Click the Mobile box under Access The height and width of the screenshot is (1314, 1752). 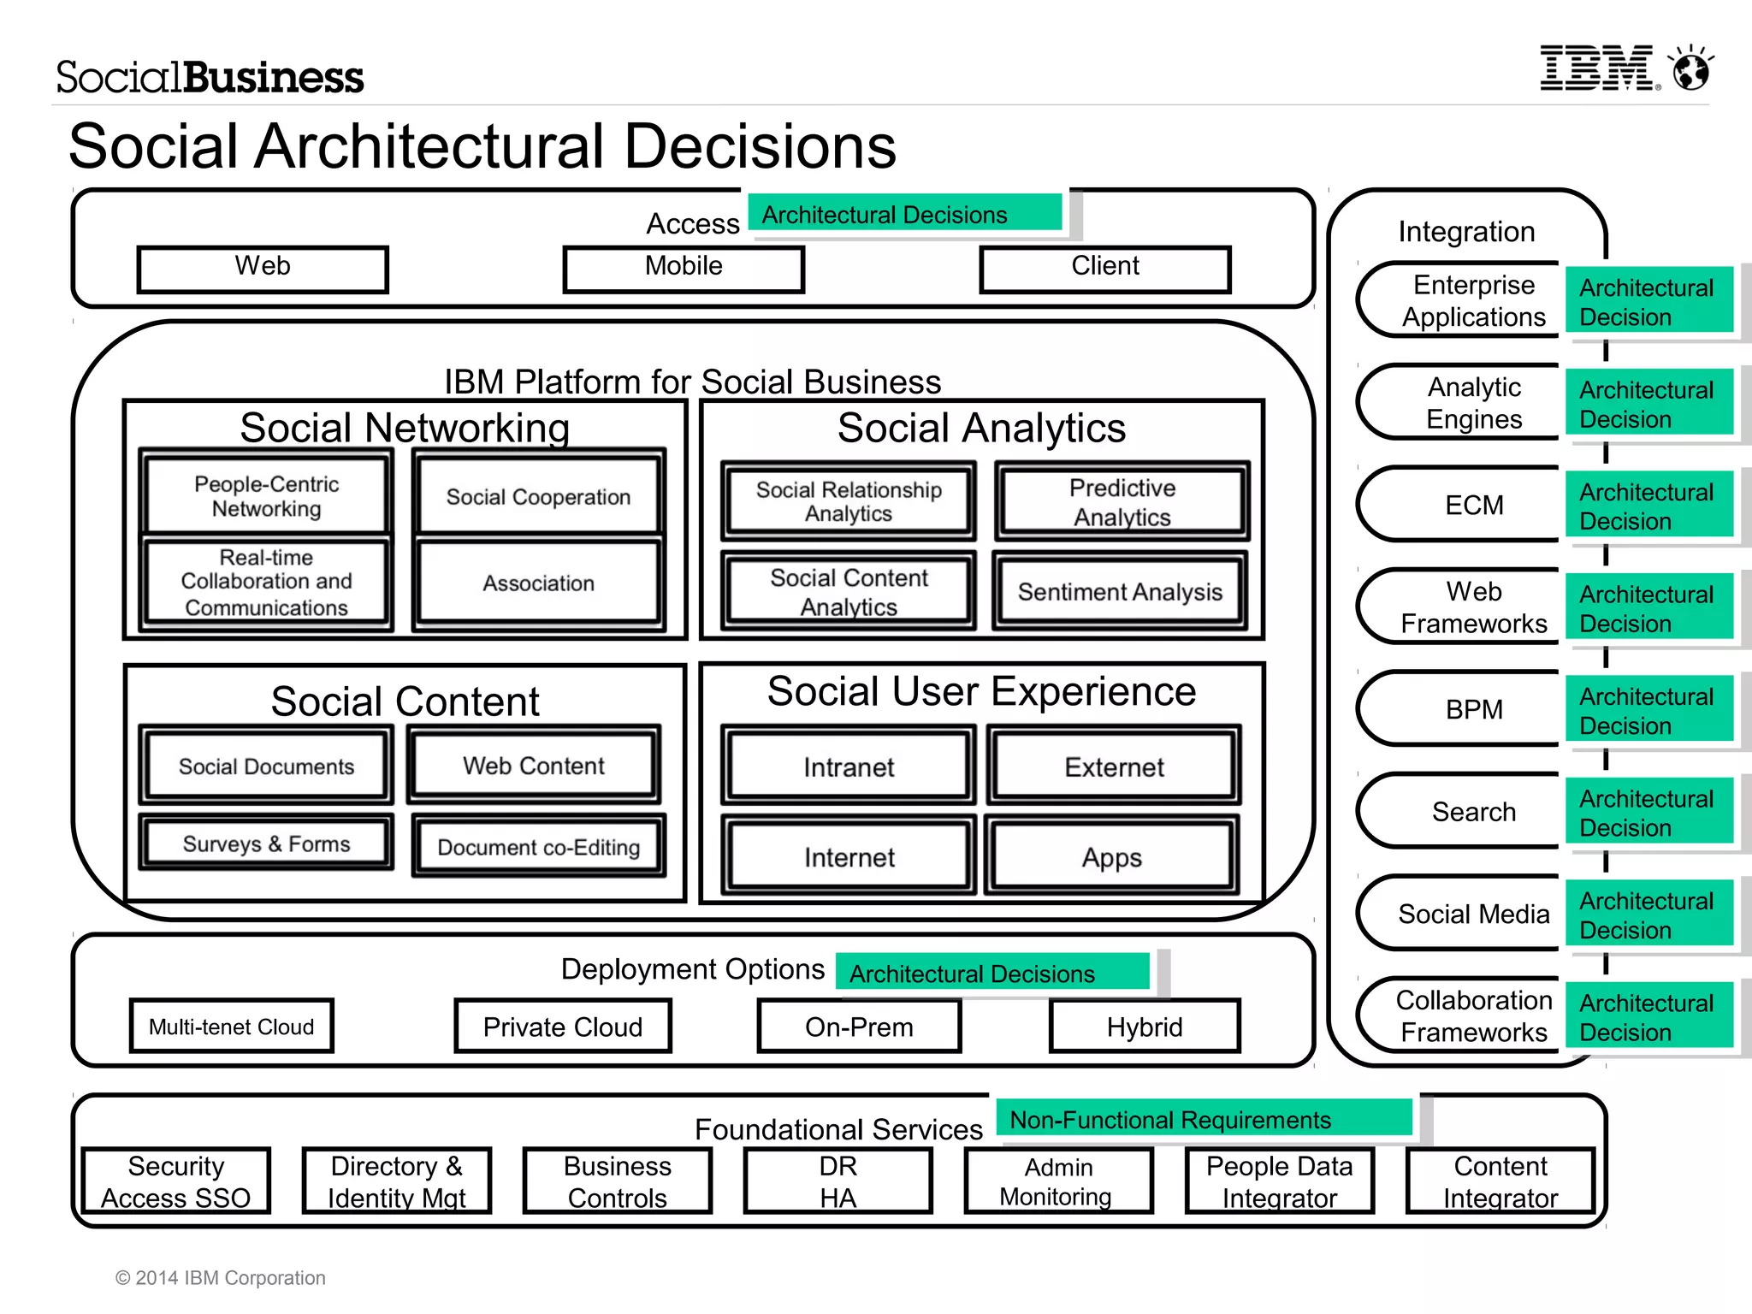684,269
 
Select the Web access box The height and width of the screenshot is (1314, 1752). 263,269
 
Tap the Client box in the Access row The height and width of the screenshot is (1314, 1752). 1104,269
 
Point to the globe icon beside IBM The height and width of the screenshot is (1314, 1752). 1691,69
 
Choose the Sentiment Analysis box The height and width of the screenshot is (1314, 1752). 1120,592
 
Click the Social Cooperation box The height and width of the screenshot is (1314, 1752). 538,497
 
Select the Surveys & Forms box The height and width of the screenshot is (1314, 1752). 266,843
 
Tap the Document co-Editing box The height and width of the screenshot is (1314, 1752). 538,847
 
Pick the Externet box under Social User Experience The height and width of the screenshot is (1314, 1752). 1114,766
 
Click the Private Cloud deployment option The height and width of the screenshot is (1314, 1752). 562,1026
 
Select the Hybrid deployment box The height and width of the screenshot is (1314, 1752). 1144,1026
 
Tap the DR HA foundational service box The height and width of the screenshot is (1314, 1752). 838,1181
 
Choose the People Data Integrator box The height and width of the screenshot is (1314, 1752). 1279,1181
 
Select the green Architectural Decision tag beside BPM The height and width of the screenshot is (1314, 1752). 1647,710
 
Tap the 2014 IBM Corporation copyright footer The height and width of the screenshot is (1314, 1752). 221,1277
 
